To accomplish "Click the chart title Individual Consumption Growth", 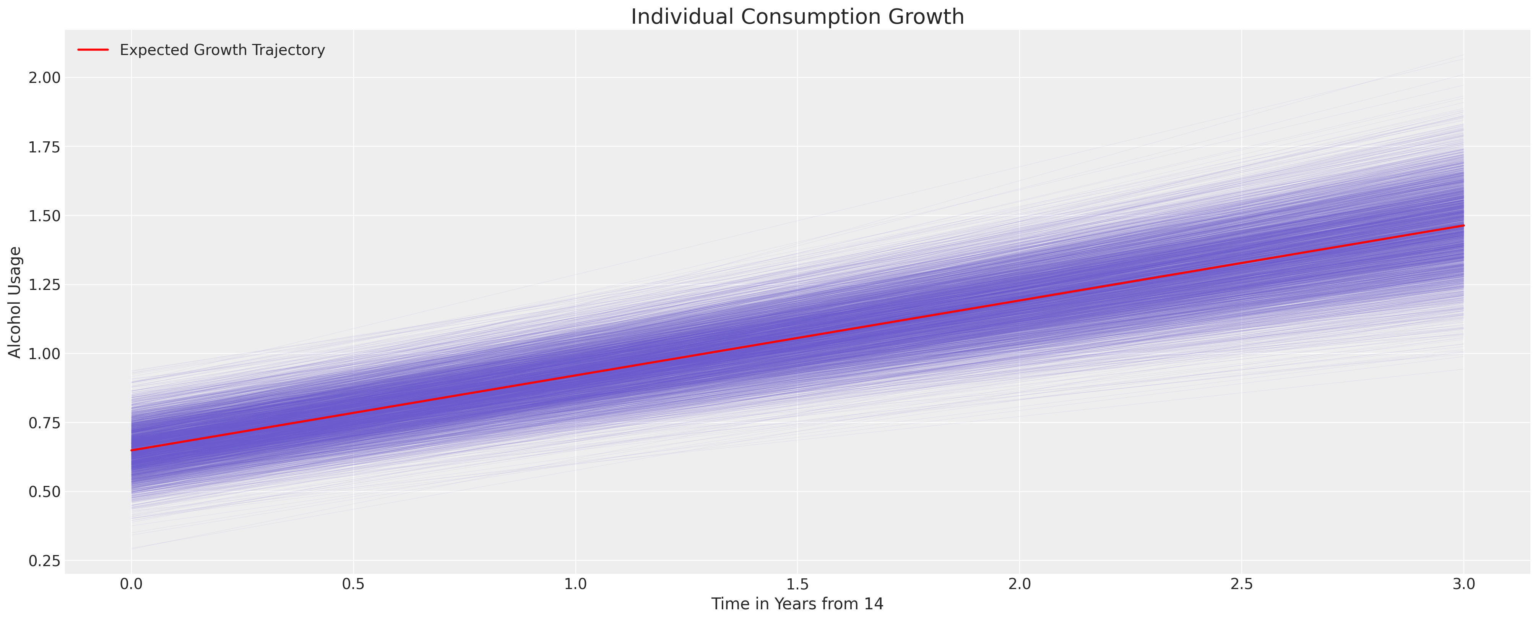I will point(797,17).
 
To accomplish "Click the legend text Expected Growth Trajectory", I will point(222,50).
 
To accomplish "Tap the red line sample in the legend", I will point(93,50).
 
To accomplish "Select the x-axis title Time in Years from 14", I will point(797,604).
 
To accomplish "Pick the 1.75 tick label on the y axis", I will point(44,147).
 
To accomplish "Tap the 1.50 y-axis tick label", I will point(44,215).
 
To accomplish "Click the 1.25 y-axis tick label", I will point(44,285).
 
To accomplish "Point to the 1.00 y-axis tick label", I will point(44,354).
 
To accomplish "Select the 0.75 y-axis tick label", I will point(44,423).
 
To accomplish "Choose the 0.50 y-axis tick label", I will point(44,492).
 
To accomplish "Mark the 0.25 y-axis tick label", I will point(44,561).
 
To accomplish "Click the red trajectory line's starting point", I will point(132,450).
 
